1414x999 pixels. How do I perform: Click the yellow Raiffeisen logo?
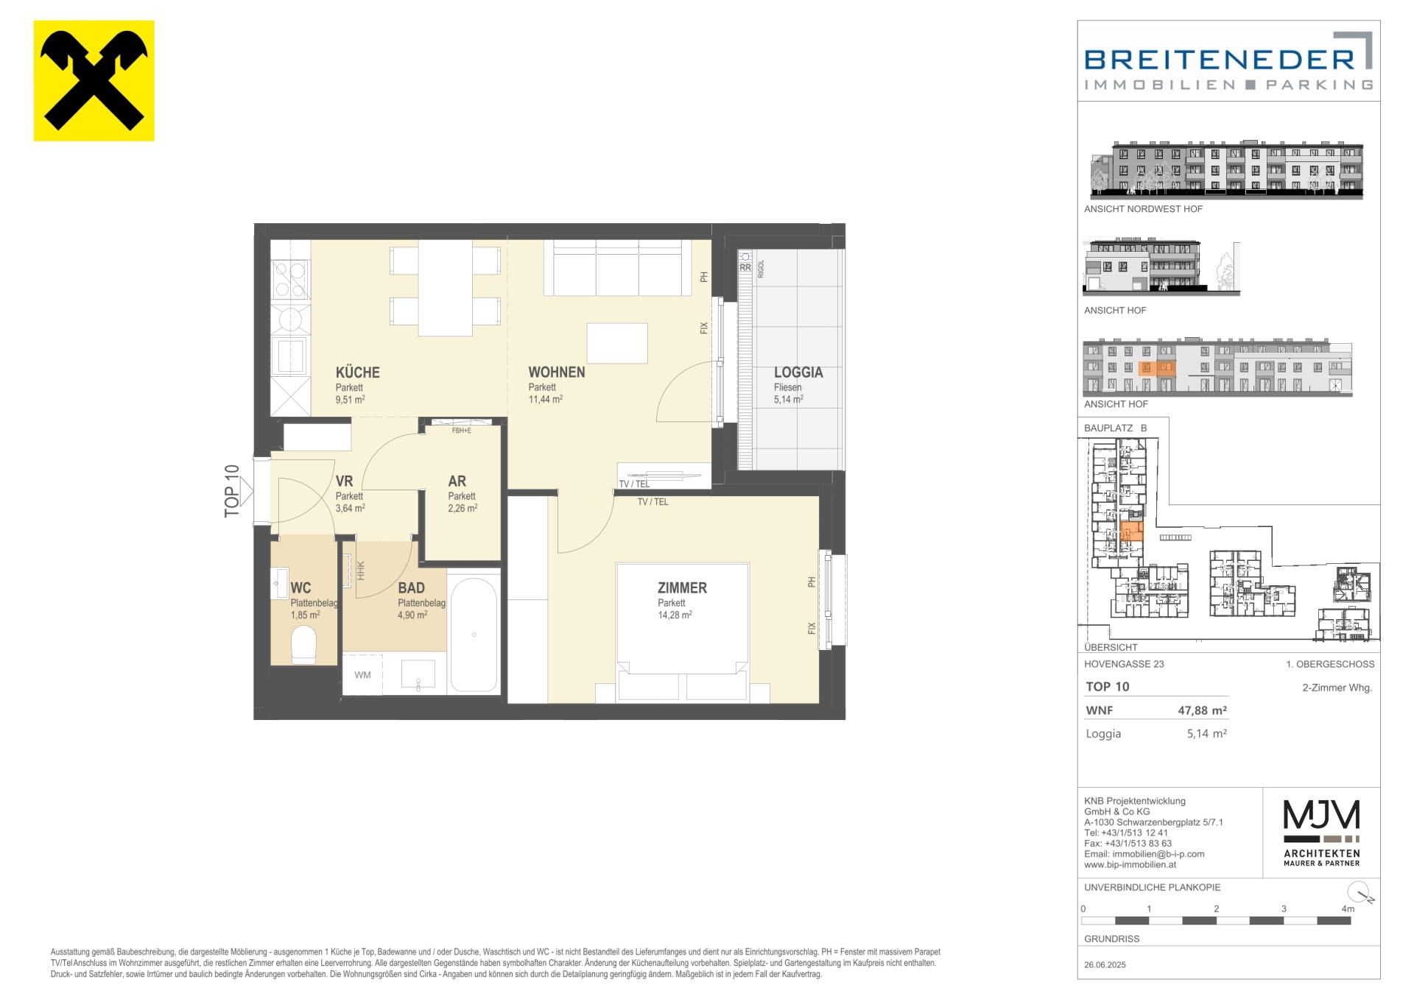(94, 80)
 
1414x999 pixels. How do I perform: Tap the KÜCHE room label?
(358, 372)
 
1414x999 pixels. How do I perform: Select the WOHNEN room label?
(557, 372)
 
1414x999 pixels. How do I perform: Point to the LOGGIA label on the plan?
(798, 372)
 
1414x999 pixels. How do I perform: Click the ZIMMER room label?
(682, 587)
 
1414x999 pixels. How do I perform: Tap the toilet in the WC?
(303, 645)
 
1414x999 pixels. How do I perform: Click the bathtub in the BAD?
(474, 635)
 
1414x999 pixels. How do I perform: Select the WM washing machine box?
(362, 674)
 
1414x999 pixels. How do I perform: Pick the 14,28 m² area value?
(675, 615)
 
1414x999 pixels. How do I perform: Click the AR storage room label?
(457, 481)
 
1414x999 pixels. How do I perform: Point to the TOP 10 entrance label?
(232, 491)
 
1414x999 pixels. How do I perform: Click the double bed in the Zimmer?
(683, 632)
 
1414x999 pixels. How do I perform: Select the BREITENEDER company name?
(1220, 59)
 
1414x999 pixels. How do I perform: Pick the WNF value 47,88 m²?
(1202, 710)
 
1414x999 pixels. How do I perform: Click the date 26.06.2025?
(1105, 964)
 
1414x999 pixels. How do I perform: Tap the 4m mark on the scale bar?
(1348, 908)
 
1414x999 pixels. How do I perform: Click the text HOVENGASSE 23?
(1124, 663)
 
